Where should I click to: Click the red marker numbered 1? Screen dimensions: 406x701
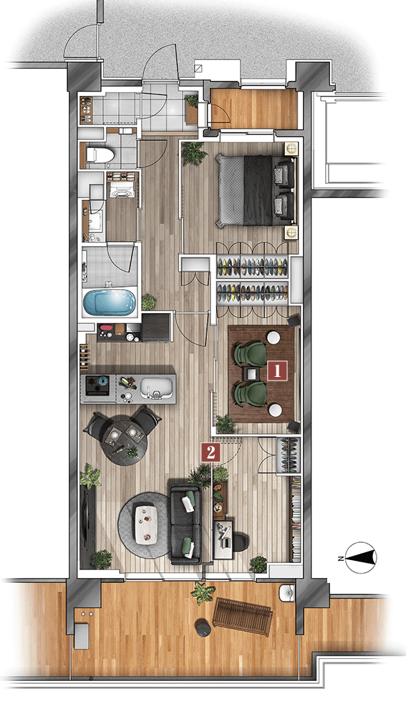pyautogui.click(x=277, y=371)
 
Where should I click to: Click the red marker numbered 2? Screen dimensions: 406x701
pyautogui.click(x=211, y=452)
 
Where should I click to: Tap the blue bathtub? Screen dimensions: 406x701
pyautogui.click(x=110, y=303)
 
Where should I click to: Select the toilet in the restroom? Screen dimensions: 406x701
pyautogui.click(x=100, y=155)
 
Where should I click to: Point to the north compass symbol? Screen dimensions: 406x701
pyautogui.click(x=362, y=557)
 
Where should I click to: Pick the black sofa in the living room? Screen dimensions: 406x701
pyautogui.click(x=185, y=522)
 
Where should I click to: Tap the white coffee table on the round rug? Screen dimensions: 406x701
pyautogui.click(x=146, y=524)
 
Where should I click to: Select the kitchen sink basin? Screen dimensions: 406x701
pyautogui.click(x=156, y=388)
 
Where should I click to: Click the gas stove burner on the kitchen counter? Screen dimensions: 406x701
pyautogui.click(x=98, y=386)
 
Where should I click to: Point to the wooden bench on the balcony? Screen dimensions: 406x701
pyautogui.click(x=243, y=616)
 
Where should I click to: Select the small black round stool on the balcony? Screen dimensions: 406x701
pyautogui.click(x=203, y=627)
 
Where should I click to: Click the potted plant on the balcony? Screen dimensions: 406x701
pyautogui.click(x=203, y=593)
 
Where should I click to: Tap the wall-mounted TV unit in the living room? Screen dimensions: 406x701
pyautogui.click(x=87, y=521)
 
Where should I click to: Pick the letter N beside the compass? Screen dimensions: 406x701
pyautogui.click(x=340, y=558)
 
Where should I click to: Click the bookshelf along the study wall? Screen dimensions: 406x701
pyautogui.click(x=296, y=519)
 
